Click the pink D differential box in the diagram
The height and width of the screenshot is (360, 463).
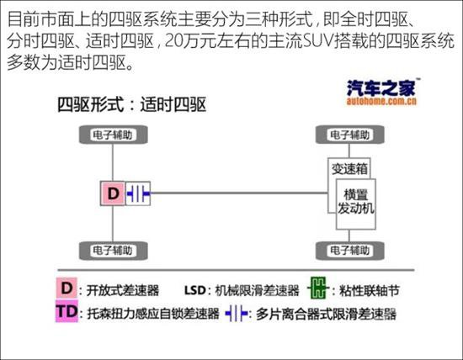click(x=113, y=193)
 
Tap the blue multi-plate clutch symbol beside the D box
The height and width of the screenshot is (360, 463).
click(x=138, y=193)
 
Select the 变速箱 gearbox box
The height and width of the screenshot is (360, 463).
click(x=349, y=168)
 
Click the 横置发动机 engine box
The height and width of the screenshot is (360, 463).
click(x=356, y=204)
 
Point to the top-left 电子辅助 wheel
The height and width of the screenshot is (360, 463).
click(x=114, y=135)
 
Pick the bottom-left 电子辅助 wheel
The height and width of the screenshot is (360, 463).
click(x=114, y=251)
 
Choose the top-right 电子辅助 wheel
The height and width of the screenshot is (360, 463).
click(x=350, y=135)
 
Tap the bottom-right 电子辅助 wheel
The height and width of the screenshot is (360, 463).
click(x=350, y=251)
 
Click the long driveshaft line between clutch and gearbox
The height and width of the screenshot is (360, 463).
click(x=239, y=193)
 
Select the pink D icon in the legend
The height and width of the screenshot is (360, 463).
click(x=67, y=288)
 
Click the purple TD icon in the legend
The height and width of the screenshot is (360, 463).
click(x=67, y=311)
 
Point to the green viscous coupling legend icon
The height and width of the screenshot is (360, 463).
click(x=318, y=288)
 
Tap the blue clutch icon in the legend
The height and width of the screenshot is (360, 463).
click(x=237, y=314)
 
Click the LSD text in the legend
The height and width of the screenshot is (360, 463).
click(x=195, y=290)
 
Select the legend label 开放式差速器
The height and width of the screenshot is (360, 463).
click(x=123, y=290)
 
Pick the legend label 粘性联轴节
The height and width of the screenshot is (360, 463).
click(x=370, y=290)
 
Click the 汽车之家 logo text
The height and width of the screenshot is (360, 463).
click(x=381, y=87)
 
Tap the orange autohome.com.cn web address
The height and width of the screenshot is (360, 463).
click(x=381, y=101)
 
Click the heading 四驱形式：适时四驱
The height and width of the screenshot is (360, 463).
click(x=131, y=104)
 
